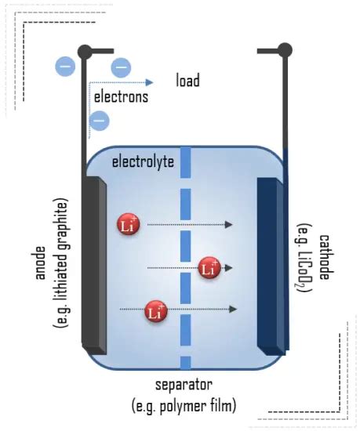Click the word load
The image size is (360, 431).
[187, 81]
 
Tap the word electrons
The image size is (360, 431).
[121, 98]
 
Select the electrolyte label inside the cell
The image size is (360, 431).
[143, 163]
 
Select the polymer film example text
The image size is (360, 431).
[185, 406]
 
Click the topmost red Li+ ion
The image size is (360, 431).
[129, 225]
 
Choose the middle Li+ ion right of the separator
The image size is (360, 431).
[209, 268]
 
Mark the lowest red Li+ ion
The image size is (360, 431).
[156, 311]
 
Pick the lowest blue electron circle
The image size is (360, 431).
[100, 120]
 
